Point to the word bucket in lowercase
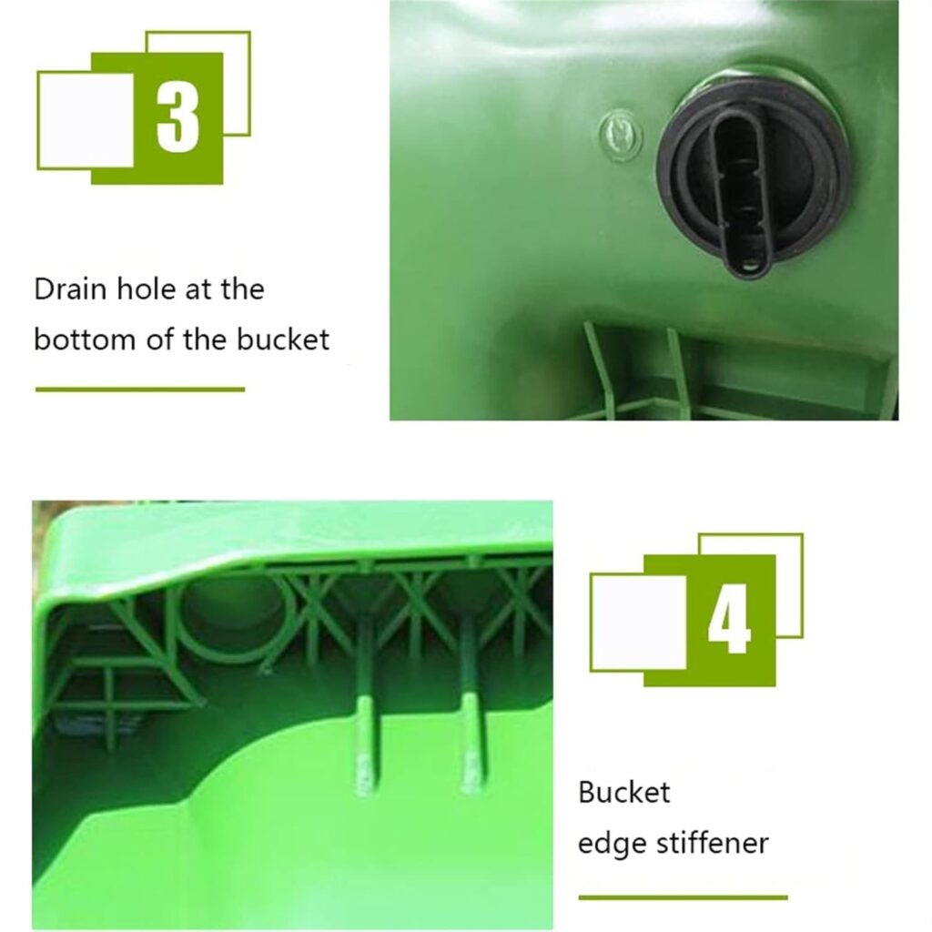click(x=283, y=339)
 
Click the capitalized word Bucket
click(x=624, y=792)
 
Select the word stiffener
click(x=712, y=843)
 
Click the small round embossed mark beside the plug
click(x=621, y=131)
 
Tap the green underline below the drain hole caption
click(x=139, y=390)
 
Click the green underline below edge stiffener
click(x=683, y=897)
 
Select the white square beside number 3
click(x=86, y=120)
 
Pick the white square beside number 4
click(x=638, y=623)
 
